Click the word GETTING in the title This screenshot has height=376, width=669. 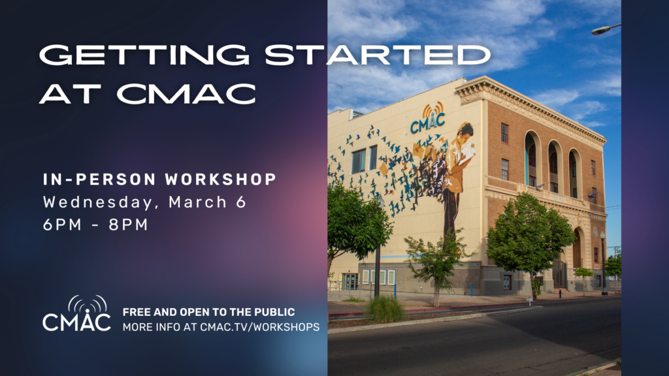point(144,55)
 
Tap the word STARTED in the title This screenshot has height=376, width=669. point(378,55)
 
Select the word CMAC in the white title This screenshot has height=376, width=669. point(186,93)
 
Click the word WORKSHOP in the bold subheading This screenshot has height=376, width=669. point(221,179)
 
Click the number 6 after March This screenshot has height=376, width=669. point(242,202)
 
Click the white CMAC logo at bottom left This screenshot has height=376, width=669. point(77,314)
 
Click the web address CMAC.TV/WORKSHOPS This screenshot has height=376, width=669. point(260,327)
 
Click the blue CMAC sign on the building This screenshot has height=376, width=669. point(427,122)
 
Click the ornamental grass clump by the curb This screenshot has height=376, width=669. point(385,308)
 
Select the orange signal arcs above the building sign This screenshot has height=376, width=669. point(432,109)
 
